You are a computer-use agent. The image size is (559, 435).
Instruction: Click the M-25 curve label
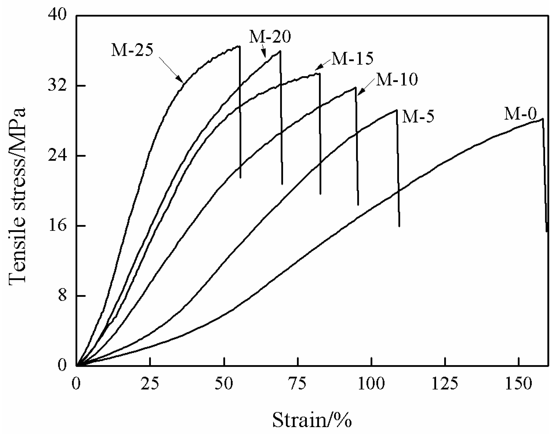[132, 50]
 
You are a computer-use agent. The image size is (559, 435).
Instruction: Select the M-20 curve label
[270, 37]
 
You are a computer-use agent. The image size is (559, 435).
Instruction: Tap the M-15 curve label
[352, 59]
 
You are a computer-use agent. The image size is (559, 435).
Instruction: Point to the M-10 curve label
[397, 79]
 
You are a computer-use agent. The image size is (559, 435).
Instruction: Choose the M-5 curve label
[418, 117]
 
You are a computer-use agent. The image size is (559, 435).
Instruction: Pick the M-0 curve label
[520, 114]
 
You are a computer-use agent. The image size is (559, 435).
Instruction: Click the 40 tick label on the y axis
[57, 16]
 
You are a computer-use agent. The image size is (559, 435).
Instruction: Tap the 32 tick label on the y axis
[57, 86]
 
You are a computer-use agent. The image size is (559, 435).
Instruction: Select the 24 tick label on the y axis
[57, 156]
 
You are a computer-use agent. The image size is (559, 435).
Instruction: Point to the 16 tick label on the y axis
[57, 226]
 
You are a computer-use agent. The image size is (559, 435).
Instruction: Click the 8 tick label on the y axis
[62, 296]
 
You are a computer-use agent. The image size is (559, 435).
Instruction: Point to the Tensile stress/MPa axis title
[17, 195]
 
